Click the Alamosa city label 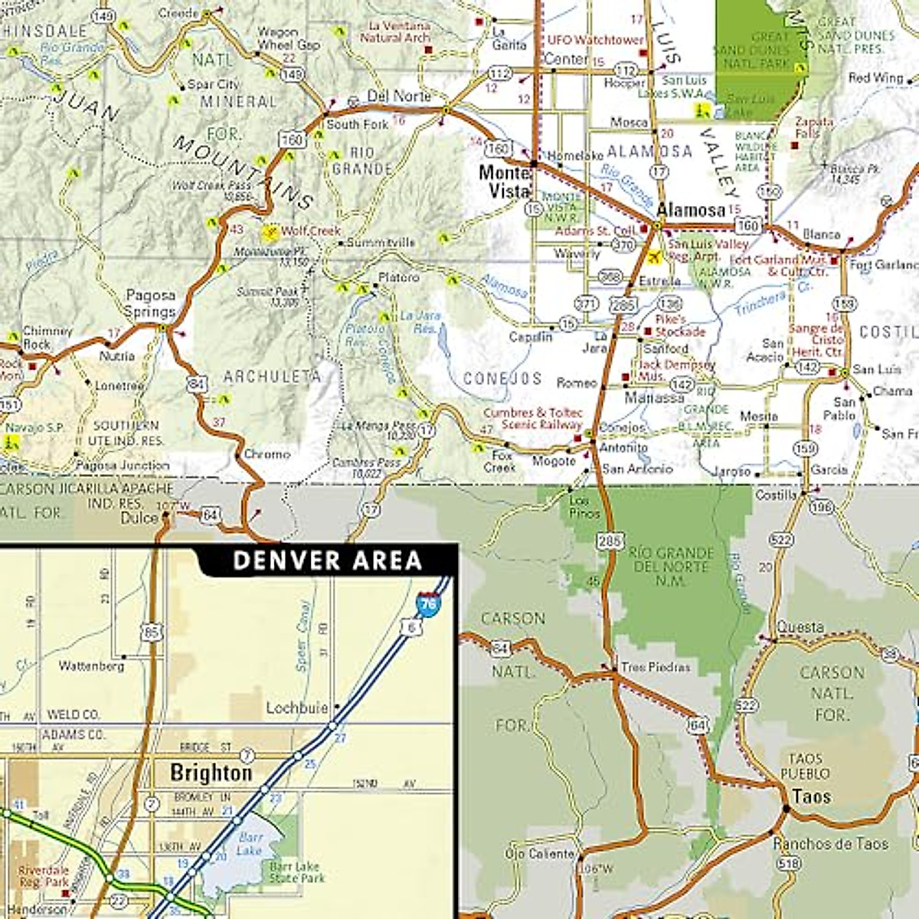point(691,210)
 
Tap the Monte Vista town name point(504,182)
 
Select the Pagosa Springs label point(151,303)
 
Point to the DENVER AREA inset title point(327,560)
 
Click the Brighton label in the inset point(211,773)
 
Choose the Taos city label point(811,796)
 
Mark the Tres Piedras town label point(655,667)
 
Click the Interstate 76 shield point(428,605)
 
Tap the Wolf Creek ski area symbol point(270,231)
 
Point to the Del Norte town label point(399,96)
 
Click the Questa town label point(800,627)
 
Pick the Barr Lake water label point(249,844)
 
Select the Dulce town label point(139,518)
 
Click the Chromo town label point(267,454)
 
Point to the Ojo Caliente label point(539,854)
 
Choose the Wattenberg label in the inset point(91,666)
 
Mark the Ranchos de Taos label point(830,844)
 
